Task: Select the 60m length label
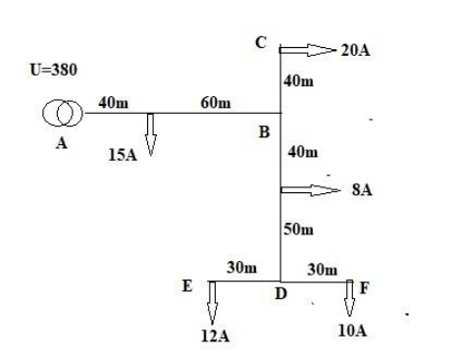pyautogui.click(x=214, y=103)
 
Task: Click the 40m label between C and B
pyautogui.click(x=298, y=82)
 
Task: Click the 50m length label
pyautogui.click(x=298, y=229)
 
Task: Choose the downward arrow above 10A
pyautogui.click(x=350, y=295)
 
